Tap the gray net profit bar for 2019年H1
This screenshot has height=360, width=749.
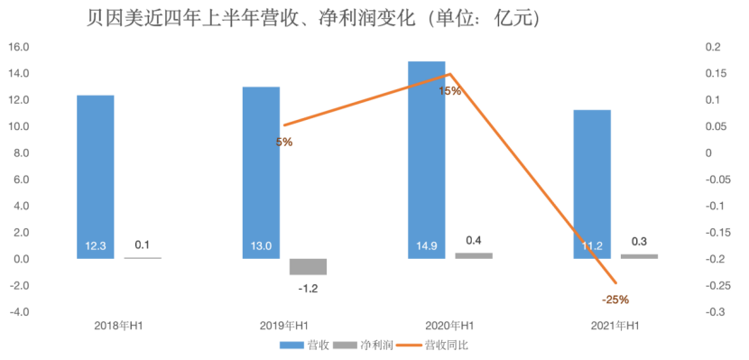click(308, 266)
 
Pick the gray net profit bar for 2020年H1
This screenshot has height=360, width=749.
click(474, 255)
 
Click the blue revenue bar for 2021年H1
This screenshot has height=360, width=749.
click(593, 184)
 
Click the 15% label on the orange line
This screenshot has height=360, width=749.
click(450, 90)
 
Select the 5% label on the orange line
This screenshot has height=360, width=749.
click(284, 142)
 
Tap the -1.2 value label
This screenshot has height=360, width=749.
click(308, 289)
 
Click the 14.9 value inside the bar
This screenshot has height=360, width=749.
click(426, 245)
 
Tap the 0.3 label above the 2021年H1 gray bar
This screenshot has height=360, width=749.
click(639, 242)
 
